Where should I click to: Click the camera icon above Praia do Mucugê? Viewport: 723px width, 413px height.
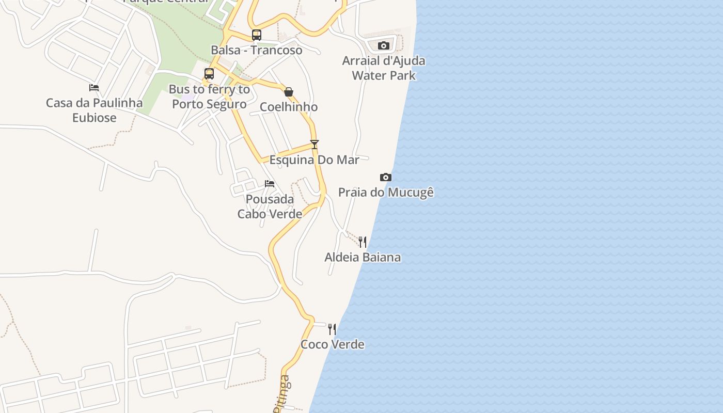pos(385,178)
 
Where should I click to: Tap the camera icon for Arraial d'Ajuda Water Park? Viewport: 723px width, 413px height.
pos(383,46)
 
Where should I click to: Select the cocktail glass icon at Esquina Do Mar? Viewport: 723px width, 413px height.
pos(315,145)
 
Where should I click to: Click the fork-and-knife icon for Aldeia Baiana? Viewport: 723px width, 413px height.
pos(363,242)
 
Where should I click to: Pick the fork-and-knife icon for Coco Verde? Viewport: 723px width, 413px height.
pos(332,329)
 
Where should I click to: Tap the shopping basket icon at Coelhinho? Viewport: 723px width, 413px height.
pos(289,92)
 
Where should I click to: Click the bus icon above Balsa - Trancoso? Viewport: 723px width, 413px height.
pos(257,35)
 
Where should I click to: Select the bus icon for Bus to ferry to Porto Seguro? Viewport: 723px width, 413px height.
pos(209,74)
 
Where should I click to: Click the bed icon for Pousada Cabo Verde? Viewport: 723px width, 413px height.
pos(270,184)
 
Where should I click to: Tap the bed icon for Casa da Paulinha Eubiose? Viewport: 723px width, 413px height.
pos(94,88)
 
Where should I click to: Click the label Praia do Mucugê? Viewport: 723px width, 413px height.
pos(386,193)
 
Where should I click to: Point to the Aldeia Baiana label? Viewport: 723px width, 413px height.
pos(363,257)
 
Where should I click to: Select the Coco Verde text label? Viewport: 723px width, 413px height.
pos(333,344)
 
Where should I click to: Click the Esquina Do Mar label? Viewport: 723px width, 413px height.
pos(314,160)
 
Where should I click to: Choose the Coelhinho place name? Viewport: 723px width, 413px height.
pos(289,107)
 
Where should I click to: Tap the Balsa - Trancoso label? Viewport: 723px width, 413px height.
pos(257,50)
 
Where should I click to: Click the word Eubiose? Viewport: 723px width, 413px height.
pos(95,118)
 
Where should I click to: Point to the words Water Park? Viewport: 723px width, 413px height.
pos(384,75)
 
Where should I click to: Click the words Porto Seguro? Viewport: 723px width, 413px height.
pos(209,104)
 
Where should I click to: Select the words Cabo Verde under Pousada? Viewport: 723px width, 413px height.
pos(270,214)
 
